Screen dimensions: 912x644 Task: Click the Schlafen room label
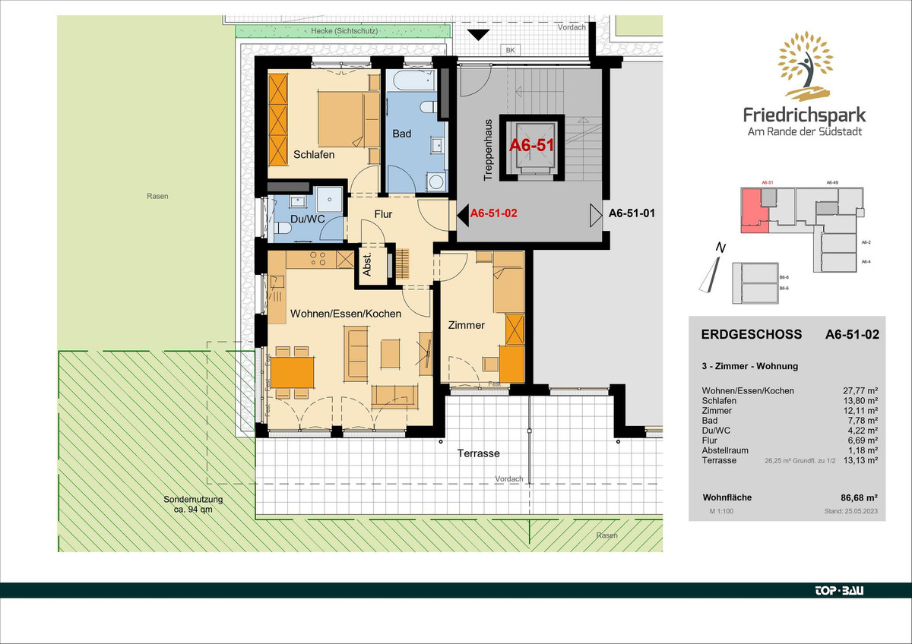(314, 155)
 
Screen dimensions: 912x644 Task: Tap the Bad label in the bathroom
(402, 134)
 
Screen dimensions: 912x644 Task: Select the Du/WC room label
(307, 219)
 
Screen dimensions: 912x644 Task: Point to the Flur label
(383, 214)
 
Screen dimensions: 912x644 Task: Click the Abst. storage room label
(367, 265)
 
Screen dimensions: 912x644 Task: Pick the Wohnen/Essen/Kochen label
(346, 314)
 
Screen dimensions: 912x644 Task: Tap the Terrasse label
(478, 453)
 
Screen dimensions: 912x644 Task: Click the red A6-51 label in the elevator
(532, 145)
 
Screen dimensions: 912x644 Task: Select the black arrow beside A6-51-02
(463, 215)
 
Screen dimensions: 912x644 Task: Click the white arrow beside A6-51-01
(596, 215)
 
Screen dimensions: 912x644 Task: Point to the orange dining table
(293, 372)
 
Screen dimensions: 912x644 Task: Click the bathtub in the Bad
(411, 80)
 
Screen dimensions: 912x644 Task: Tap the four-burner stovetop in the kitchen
(318, 259)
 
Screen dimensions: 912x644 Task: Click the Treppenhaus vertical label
(488, 150)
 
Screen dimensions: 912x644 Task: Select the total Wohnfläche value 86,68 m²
(859, 497)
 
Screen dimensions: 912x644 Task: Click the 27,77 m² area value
(860, 390)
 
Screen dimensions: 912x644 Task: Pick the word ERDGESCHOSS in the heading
(752, 334)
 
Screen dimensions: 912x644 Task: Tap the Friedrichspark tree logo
(805, 66)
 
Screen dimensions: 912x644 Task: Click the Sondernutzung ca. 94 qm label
(193, 504)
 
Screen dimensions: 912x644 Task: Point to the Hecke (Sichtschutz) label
(344, 31)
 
